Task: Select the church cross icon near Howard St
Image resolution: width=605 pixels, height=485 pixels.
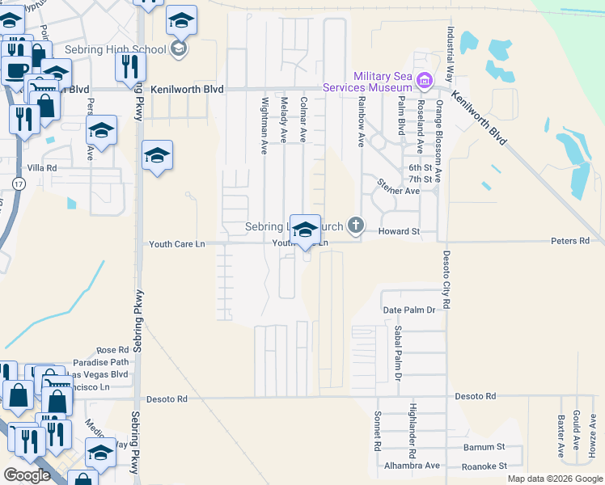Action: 354,224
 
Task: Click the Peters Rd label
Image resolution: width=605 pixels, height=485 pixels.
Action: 571,241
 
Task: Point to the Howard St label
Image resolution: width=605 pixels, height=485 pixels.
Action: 400,232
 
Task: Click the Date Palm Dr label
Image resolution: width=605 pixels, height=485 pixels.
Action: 409,310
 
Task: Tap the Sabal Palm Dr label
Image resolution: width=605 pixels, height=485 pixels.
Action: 398,355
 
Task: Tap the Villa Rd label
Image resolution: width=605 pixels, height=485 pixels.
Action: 41,167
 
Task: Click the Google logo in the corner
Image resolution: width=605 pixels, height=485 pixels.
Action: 27,475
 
